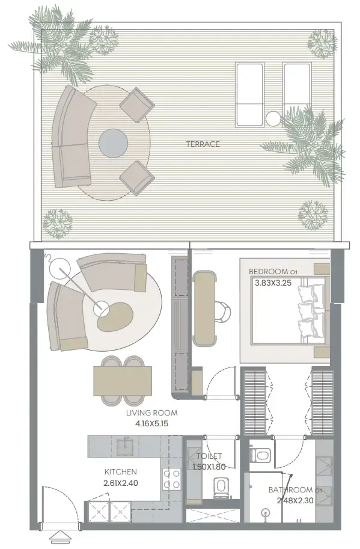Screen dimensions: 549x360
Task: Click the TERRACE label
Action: point(203,144)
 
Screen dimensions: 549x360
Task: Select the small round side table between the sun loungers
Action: point(273,118)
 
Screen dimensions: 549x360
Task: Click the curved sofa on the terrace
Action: point(70,139)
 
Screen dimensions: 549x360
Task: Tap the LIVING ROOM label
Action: point(152,413)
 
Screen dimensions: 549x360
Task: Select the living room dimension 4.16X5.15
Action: point(152,423)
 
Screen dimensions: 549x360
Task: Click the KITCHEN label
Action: point(120,472)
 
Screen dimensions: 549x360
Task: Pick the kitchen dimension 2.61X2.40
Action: point(120,482)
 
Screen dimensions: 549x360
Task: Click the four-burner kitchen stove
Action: point(171,480)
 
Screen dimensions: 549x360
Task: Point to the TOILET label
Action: point(207,456)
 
